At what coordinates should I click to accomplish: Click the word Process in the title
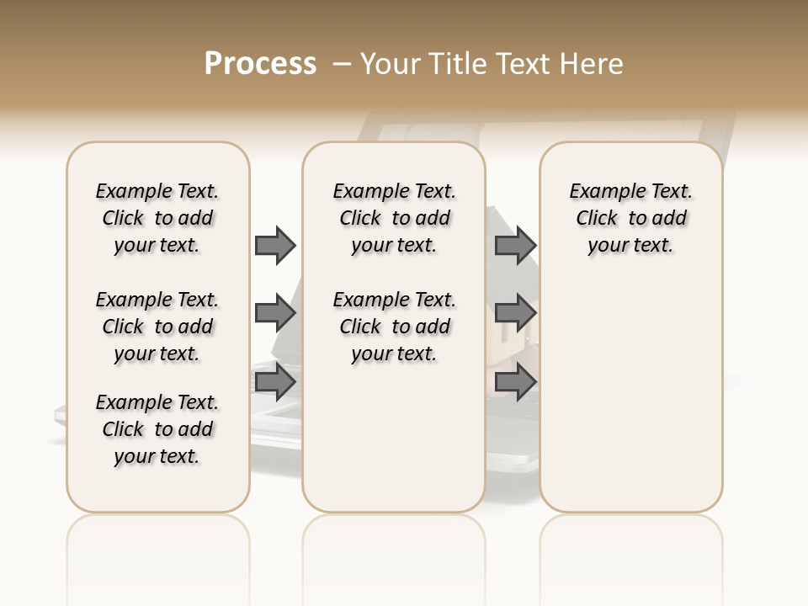[x=260, y=64]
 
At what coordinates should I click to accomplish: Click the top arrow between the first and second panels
[x=275, y=245]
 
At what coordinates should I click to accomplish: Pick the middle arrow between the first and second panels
[x=275, y=313]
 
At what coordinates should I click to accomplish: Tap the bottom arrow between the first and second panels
[x=275, y=383]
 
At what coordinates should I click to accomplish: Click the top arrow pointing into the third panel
[x=515, y=245]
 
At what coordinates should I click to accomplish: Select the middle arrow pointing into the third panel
[x=515, y=313]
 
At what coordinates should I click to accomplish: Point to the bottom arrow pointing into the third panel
[x=515, y=383]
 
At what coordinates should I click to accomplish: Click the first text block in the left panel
[x=157, y=218]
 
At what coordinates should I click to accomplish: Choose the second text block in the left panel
[x=157, y=327]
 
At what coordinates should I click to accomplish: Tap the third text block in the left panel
[x=157, y=429]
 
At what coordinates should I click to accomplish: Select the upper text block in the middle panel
[x=394, y=218]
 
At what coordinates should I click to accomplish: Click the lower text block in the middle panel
[x=394, y=327]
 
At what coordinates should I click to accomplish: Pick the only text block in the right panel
[x=630, y=218]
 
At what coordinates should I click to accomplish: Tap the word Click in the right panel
[x=597, y=219]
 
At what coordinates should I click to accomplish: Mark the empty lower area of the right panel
[x=630, y=387]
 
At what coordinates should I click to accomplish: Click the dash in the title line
[x=341, y=64]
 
